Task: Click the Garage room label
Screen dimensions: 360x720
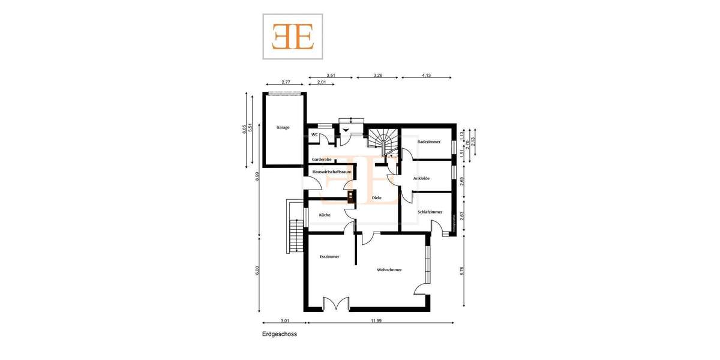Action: (283, 127)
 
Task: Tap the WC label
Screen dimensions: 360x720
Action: (314, 135)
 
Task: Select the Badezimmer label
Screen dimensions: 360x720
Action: (429, 142)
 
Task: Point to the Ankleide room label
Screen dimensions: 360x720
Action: (421, 178)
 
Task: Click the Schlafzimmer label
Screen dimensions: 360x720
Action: (430, 212)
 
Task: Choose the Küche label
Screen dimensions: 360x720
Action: (325, 215)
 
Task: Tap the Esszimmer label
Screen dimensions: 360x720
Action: (329, 257)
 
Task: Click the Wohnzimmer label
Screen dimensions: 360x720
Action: (389, 270)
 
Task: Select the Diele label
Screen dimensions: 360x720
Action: (377, 197)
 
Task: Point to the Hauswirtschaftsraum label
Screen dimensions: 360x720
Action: (332, 172)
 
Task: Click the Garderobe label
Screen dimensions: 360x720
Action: (322, 160)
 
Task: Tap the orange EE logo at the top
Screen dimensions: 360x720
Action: (293, 37)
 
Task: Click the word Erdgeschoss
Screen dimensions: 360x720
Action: (280, 334)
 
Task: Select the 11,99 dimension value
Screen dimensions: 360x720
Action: (376, 321)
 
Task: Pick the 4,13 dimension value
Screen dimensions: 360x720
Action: (427, 76)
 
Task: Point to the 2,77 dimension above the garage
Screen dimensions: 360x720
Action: (286, 82)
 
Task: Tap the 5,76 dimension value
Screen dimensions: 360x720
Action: (461, 271)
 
